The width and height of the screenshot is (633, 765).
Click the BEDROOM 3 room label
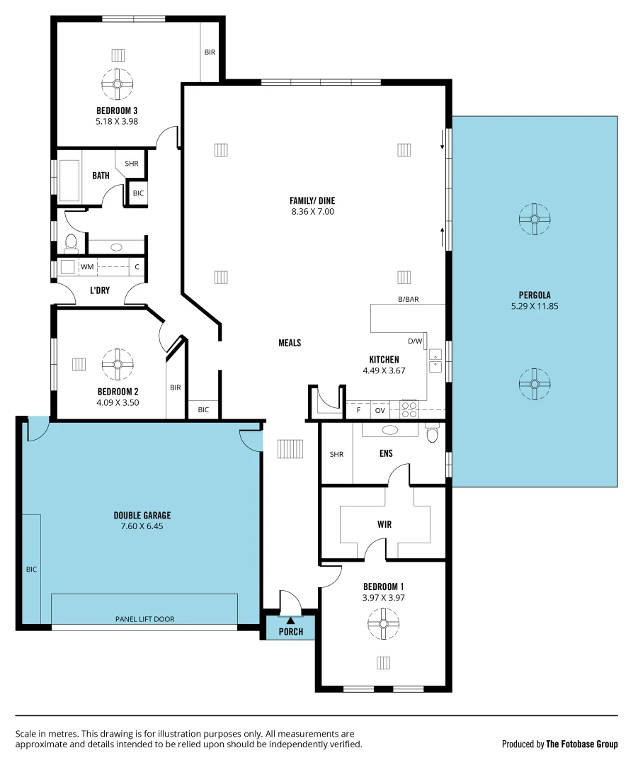(117, 110)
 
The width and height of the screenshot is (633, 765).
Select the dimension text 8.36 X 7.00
(312, 211)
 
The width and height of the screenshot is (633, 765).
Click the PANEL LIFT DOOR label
(144, 619)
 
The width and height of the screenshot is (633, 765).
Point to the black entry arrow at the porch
(290, 621)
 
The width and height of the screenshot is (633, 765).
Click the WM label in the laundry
(87, 267)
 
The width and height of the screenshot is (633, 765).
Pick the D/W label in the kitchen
(415, 341)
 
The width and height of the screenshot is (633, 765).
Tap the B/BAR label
(408, 300)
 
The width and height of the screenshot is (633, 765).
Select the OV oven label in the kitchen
(380, 410)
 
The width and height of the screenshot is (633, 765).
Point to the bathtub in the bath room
(69, 181)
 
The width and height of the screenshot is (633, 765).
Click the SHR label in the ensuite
(336, 455)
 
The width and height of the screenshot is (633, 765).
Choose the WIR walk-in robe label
(384, 525)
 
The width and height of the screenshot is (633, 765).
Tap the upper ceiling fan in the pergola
(534, 220)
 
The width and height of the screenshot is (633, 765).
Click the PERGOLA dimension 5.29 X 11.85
(535, 306)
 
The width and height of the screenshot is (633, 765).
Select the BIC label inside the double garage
(31, 569)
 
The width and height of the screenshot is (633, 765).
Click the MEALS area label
(290, 343)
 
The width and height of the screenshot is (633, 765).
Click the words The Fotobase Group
(581, 744)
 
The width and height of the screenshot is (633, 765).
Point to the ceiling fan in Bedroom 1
(384, 625)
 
